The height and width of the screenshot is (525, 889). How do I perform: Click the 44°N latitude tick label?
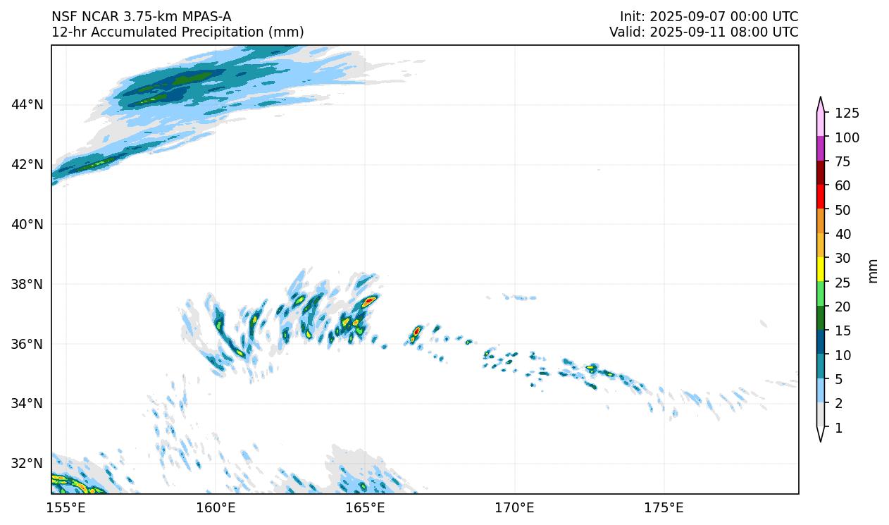[27, 105]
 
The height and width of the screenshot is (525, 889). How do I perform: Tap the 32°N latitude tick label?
[27, 463]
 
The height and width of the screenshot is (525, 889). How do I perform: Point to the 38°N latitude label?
[27, 284]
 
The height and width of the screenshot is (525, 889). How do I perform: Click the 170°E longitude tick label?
[514, 507]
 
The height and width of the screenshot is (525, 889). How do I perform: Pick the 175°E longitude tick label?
[664, 507]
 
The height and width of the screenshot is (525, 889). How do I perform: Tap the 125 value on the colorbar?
[847, 113]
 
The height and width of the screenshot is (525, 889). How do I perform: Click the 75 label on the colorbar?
[843, 162]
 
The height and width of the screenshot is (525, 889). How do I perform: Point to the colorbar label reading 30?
[843, 258]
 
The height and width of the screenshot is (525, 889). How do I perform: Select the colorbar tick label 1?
[838, 428]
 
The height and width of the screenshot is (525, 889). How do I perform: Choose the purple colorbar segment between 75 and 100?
[821, 149]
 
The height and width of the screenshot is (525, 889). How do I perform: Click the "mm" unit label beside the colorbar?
[873, 271]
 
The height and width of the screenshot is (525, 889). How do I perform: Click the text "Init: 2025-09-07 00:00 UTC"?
[709, 16]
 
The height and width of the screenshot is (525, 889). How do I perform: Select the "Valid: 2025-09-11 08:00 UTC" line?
[704, 32]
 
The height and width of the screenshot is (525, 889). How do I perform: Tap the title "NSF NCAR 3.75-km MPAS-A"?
[141, 16]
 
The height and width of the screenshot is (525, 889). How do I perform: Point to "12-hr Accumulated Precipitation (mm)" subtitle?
[178, 32]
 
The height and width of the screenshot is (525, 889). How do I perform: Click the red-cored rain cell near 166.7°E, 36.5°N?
[417, 330]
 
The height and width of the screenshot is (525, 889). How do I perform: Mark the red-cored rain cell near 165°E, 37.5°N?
[368, 300]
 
